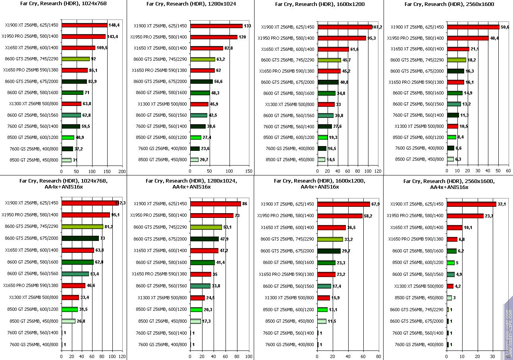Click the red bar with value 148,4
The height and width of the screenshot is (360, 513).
84,25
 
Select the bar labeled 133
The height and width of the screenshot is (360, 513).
216,26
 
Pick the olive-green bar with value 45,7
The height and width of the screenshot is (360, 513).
329,60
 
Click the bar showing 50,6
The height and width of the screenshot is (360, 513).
473,27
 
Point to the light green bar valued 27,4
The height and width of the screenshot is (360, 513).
196,137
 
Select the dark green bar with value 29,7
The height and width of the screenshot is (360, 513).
329,251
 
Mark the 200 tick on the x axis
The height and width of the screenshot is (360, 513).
122,171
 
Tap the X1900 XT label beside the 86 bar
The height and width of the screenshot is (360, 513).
160,204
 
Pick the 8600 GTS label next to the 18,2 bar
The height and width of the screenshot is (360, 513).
417,60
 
